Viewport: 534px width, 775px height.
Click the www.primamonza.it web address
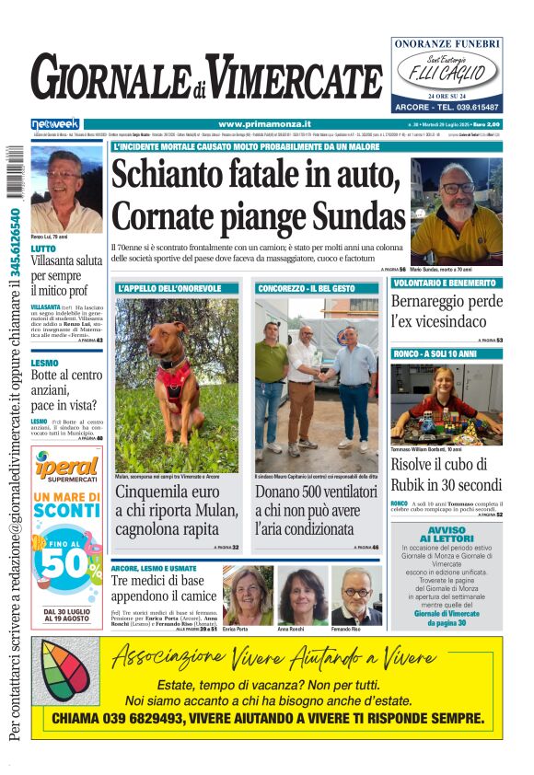(264, 124)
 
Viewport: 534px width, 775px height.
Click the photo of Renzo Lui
(66, 188)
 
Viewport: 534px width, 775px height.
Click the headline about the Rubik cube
(447, 476)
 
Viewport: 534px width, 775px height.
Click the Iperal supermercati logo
(67, 469)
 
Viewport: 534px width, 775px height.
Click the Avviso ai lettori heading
(446, 534)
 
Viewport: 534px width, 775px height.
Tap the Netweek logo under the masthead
(55, 124)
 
